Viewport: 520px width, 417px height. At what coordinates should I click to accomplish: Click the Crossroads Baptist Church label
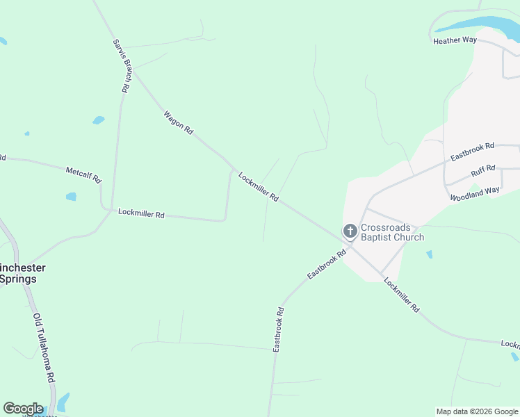coord(392,232)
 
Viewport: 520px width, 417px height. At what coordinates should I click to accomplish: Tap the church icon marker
coord(350,231)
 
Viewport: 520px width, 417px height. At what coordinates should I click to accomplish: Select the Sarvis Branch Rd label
coord(122,65)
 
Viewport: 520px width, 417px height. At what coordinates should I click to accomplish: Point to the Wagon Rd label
coord(178,123)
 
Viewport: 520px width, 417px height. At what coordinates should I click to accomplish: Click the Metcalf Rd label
coord(83,174)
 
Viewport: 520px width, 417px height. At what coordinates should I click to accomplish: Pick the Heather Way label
coord(455,40)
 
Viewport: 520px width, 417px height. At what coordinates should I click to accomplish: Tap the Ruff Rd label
coord(482,170)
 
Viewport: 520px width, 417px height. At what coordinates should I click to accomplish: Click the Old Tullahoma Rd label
coord(43,348)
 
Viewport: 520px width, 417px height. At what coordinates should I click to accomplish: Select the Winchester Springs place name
coord(21,273)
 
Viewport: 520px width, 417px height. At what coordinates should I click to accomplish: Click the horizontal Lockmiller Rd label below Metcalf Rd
coord(141,214)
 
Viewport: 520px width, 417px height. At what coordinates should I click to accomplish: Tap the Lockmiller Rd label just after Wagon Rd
coord(258,187)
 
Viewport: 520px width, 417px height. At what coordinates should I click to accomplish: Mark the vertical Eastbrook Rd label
coord(278,329)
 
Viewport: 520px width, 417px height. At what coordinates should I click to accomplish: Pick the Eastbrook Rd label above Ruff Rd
coord(472,152)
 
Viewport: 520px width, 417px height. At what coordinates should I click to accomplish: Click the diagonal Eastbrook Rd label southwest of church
coord(327,265)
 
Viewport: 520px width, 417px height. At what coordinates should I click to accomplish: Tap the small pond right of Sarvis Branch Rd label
coord(99,120)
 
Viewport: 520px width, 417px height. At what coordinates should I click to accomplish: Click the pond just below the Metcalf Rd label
coord(71,197)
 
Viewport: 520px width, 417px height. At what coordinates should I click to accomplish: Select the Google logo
coord(23,409)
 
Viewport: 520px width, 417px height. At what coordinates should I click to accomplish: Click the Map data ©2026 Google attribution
coord(477,411)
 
